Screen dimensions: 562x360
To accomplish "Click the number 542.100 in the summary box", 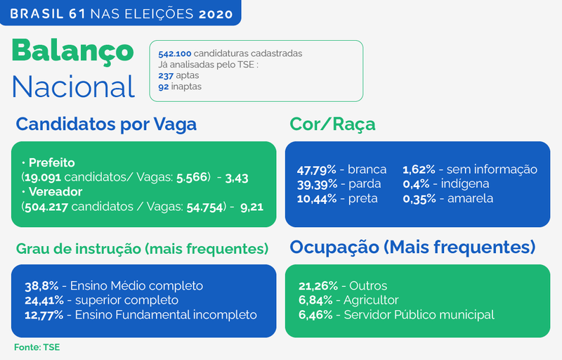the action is pyautogui.click(x=175, y=53).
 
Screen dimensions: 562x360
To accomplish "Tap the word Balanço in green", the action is pyautogui.click(x=73, y=51).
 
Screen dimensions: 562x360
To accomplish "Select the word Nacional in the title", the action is pyautogui.click(x=74, y=86).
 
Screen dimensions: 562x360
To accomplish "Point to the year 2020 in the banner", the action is pyautogui.click(x=216, y=14).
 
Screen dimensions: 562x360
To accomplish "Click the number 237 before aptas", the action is pyautogui.click(x=166, y=76).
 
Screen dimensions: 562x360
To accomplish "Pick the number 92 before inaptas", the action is pyautogui.click(x=164, y=86).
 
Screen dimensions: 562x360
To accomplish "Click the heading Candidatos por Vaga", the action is pyautogui.click(x=106, y=124).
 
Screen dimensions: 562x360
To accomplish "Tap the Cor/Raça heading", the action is pyautogui.click(x=332, y=124).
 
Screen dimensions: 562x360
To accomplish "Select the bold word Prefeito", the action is pyautogui.click(x=51, y=163).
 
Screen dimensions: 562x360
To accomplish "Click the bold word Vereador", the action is pyautogui.click(x=55, y=192).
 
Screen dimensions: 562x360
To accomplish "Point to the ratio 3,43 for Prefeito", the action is pyautogui.click(x=237, y=178).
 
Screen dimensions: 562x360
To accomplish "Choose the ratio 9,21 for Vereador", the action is pyautogui.click(x=251, y=207).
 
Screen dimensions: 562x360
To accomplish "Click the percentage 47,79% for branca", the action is pyautogui.click(x=317, y=169).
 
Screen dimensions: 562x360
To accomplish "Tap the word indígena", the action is pyautogui.click(x=465, y=184).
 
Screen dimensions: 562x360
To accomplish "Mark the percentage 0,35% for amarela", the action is pyautogui.click(x=419, y=199).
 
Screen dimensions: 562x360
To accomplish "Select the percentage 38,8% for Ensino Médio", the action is pyautogui.click(x=41, y=286).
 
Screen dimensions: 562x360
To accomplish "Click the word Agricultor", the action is pyautogui.click(x=371, y=300).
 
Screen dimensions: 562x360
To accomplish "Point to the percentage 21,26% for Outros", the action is pyautogui.click(x=318, y=286).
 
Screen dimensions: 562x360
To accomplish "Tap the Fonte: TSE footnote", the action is pyautogui.click(x=37, y=347).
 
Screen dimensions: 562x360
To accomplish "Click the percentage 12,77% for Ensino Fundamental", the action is pyautogui.click(x=44, y=315).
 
